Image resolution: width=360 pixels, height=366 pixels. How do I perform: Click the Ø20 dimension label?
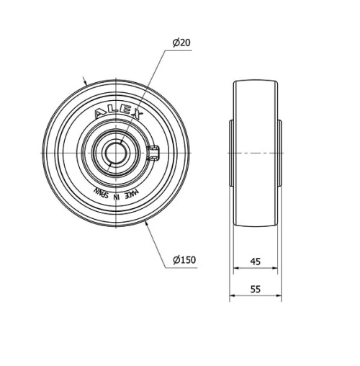182,43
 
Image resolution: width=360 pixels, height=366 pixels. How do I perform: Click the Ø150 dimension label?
184,260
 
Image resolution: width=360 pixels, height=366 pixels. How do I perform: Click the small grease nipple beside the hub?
152,152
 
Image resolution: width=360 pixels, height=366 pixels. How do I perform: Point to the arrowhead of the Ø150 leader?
148,226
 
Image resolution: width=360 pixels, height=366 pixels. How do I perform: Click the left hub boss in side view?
231,153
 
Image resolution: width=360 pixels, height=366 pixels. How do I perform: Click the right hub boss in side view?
280,153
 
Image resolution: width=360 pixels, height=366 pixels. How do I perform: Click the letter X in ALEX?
140,116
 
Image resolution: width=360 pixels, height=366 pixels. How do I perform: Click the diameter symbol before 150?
176,260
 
